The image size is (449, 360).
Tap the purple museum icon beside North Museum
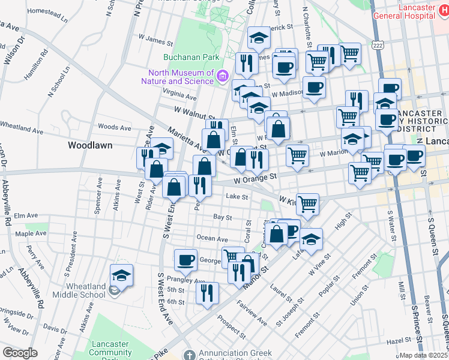pos(223,76)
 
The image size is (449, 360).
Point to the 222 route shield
pos(377,45)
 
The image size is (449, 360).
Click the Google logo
pos(20,353)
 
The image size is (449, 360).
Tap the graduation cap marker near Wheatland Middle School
pos(122,275)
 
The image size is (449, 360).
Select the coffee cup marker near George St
pos(185,260)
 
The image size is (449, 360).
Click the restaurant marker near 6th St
pos(207,293)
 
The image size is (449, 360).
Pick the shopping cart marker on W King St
pos(307,203)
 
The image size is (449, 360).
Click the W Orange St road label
pos(255,178)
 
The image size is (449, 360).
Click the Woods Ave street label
pos(114,127)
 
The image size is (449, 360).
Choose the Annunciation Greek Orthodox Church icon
pos(190,355)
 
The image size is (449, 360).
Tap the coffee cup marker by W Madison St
pos(313,88)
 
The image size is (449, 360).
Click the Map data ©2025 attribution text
pos(424,355)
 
